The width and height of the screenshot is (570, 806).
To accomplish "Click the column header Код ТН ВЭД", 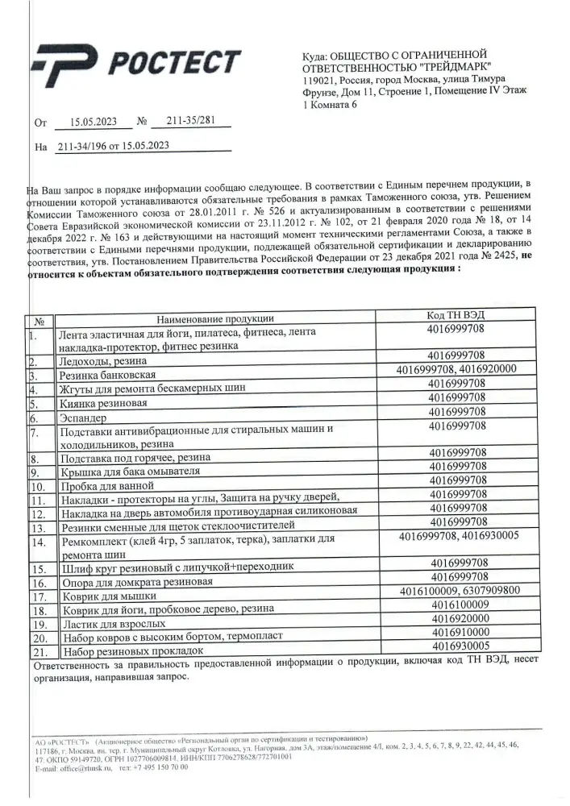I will pos(456,314).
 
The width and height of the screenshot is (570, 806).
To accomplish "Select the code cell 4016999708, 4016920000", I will pos(456,369).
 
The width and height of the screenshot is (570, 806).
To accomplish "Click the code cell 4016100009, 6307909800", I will pos(456,591).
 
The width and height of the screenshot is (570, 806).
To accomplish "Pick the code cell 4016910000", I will pos(456,633).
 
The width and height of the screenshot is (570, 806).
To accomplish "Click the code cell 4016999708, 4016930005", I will pos(456,535).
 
